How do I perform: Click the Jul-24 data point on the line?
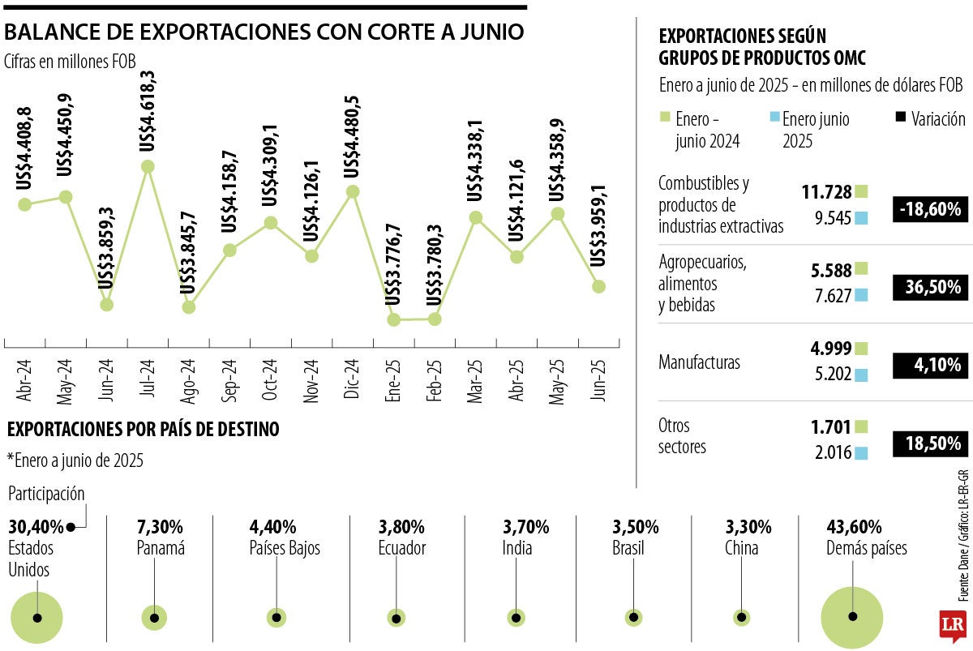coord(148,166)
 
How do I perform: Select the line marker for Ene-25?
coord(394,319)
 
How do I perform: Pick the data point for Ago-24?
coord(189,307)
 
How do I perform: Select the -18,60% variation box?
coord(929,209)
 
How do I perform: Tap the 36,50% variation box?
coord(929,287)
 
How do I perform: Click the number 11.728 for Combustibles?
coord(826,192)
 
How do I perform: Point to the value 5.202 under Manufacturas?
coord(831,375)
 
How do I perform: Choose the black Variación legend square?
coord(900,118)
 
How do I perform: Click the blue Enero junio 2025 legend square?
coord(774,118)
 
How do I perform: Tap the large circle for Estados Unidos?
coord(36,618)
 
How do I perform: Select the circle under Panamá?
coord(154,618)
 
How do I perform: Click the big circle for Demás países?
coord(852,616)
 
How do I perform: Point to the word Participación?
coord(46,494)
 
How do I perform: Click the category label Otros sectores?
coord(682,436)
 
